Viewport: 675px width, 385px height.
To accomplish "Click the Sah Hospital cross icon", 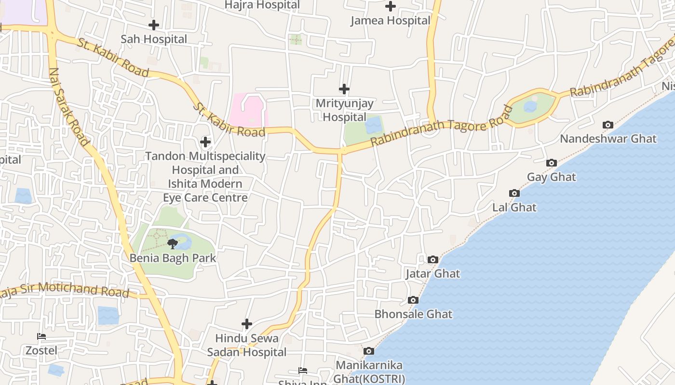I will pyautogui.click(x=154, y=25).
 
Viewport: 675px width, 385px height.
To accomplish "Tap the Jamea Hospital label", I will pyautogui.click(x=390, y=21).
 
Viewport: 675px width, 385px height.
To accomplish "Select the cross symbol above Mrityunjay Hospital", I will pyautogui.click(x=344, y=89).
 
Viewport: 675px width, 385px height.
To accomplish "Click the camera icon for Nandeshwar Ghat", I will pyautogui.click(x=608, y=125).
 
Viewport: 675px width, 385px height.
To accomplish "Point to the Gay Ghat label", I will pyautogui.click(x=551, y=177).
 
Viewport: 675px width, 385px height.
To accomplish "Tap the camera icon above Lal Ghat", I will pyautogui.click(x=514, y=193).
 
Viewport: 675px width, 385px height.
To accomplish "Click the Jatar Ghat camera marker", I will pyautogui.click(x=433, y=260).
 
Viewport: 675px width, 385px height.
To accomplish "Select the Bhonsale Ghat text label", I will pyautogui.click(x=413, y=314).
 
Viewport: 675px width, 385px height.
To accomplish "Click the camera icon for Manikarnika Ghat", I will pyautogui.click(x=368, y=351).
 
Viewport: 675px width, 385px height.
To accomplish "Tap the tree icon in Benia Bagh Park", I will pyautogui.click(x=172, y=244).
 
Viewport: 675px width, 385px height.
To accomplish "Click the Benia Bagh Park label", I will pyautogui.click(x=173, y=258).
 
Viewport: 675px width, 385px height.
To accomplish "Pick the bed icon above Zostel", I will pyautogui.click(x=41, y=336).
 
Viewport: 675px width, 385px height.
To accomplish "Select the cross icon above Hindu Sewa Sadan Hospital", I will pyautogui.click(x=247, y=324).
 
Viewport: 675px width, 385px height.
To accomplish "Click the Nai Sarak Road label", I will pyautogui.click(x=69, y=107).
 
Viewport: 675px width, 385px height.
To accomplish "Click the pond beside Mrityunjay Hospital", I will pyautogui.click(x=373, y=125).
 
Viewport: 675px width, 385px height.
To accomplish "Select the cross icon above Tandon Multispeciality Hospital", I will pyautogui.click(x=205, y=142).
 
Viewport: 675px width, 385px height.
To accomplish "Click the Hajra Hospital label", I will pyautogui.click(x=263, y=5).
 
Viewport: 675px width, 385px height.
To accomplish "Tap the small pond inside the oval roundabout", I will pyautogui.click(x=530, y=106).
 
